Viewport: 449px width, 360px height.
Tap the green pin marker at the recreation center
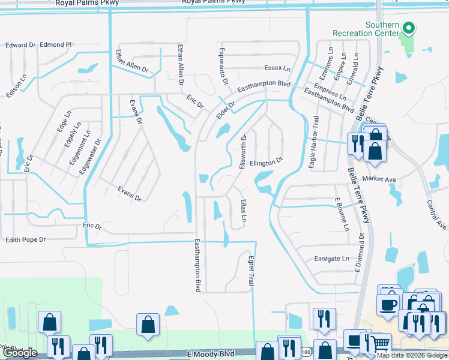[408, 28]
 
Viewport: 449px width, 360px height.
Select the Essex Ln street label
[277, 68]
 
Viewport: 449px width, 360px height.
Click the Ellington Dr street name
[266, 163]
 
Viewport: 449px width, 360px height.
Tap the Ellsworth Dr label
[243, 152]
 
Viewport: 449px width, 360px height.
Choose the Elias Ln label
[243, 211]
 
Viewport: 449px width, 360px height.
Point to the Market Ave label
[378, 179]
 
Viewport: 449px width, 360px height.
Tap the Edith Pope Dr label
[25, 239]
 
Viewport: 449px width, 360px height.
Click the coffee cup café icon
[388, 304]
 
